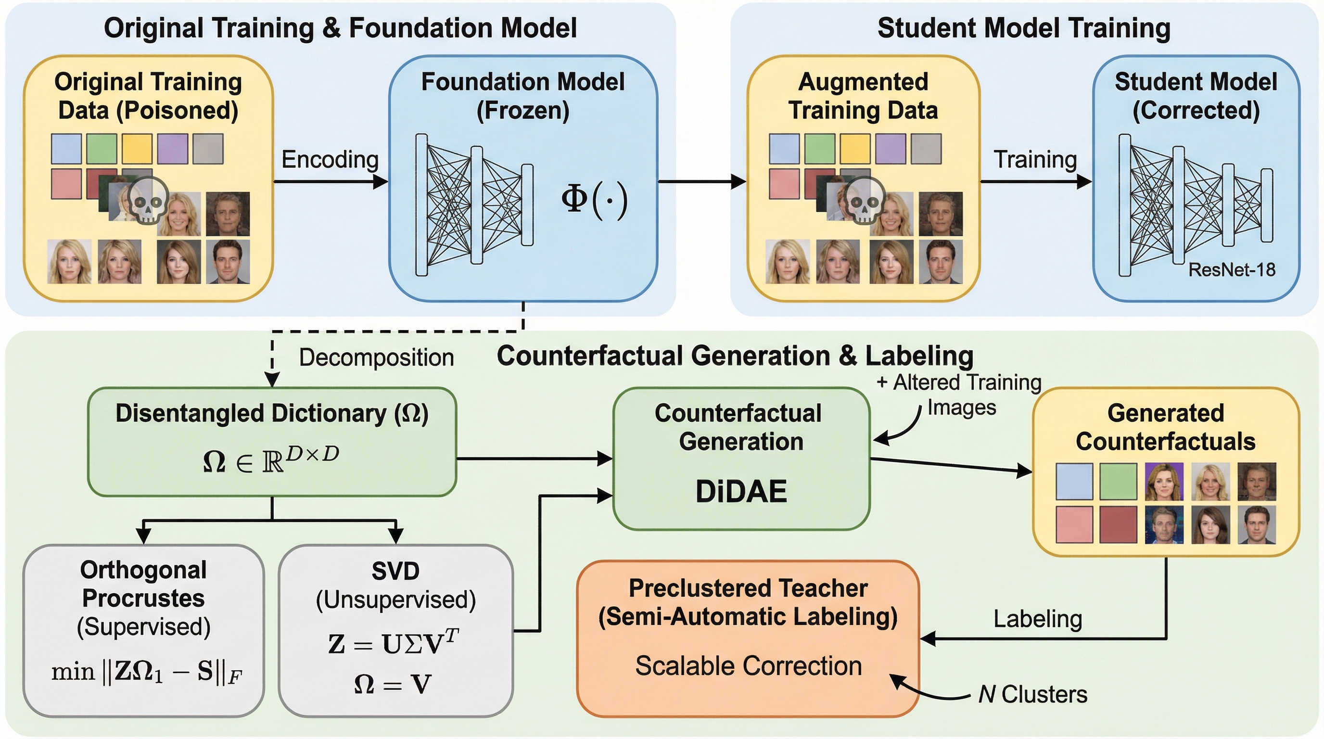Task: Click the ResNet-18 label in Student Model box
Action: pos(1232,270)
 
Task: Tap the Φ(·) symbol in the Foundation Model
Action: pos(594,200)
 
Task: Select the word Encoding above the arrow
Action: pos(330,159)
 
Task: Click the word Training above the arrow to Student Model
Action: pos(1035,159)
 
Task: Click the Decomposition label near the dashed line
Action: pos(376,357)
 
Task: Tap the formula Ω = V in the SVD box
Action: pos(393,685)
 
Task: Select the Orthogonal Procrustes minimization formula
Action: pos(146,672)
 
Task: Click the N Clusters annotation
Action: pos(1032,694)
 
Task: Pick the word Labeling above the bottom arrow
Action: pos(1037,619)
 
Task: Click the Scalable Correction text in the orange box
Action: pos(748,666)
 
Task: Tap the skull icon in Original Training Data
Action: pos(147,201)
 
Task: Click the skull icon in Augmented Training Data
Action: pos(865,201)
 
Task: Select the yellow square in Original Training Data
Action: pos(137,149)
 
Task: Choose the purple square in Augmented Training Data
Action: pos(891,149)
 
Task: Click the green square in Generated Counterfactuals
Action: pos(1118,482)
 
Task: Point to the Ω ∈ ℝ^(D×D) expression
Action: pos(271,459)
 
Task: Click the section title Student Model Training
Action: pos(1023,28)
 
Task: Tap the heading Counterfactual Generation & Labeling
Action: pos(735,356)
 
